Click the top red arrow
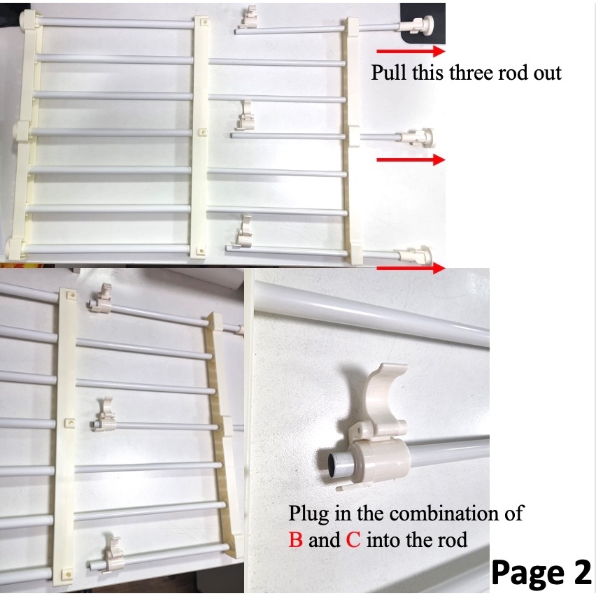pos(411,51)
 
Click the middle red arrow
pos(411,160)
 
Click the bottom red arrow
pos(411,268)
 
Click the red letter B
pos(296,540)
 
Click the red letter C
pos(353,540)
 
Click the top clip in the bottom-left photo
pos(102,299)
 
